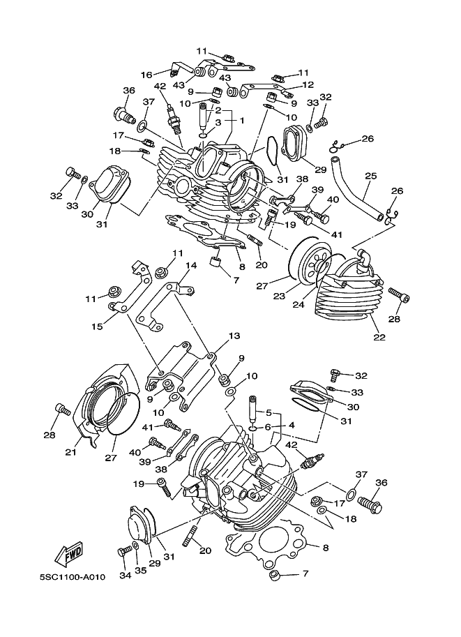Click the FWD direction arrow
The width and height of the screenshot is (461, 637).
point(69,554)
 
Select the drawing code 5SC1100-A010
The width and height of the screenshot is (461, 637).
point(73,577)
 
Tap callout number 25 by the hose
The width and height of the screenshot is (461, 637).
point(370,176)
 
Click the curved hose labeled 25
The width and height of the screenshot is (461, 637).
point(356,188)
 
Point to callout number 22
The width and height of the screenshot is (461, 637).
point(379,337)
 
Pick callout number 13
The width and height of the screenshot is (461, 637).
point(234,336)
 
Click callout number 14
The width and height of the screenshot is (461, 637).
point(191,265)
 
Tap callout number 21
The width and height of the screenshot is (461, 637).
point(70,451)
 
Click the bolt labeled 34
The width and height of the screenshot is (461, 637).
point(124,552)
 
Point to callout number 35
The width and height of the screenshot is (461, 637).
point(141,571)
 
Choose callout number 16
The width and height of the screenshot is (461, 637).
point(146,75)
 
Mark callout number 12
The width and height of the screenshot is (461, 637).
point(308,85)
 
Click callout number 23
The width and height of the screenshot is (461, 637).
point(279,296)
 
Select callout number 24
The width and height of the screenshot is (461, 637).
point(299,304)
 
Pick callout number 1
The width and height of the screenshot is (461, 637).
point(242,121)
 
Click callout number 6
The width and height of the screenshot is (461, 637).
point(267,427)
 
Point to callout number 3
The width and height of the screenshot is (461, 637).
point(218,122)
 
